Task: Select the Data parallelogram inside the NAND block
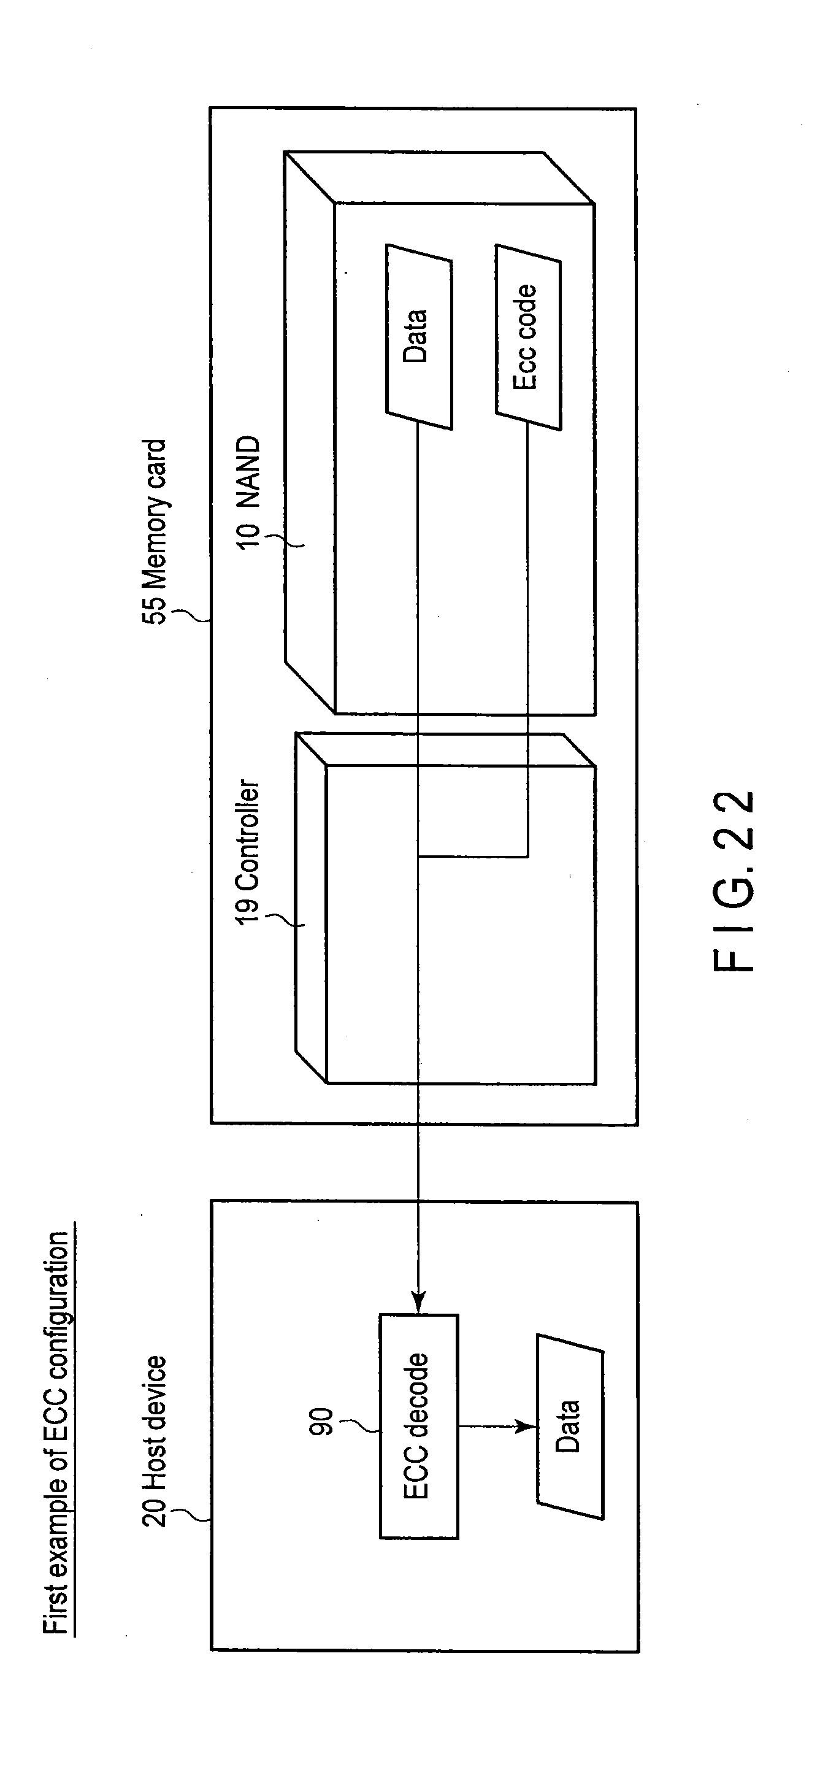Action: [x=418, y=337]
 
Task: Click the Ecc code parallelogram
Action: [x=527, y=337]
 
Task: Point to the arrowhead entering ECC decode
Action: [x=418, y=1301]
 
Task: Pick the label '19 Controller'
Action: [x=248, y=852]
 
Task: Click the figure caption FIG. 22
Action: [x=735, y=880]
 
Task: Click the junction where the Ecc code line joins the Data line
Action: [x=418, y=857]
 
